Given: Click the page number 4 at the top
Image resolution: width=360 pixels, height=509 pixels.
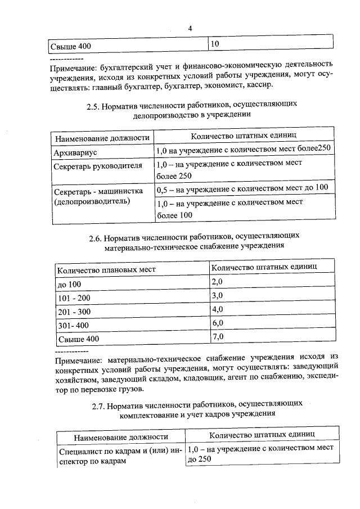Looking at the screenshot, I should [190, 29].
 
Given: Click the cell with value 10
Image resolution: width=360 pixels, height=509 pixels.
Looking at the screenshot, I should [215, 44].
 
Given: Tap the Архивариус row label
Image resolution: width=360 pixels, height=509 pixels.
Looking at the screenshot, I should [74, 152].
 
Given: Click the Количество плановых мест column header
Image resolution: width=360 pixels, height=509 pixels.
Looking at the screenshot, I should [106, 269].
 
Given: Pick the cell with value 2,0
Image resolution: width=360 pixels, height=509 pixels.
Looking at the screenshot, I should [217, 282].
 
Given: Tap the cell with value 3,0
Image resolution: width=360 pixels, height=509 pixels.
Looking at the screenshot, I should [217, 296].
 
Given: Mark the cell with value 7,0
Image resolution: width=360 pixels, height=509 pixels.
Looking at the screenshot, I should [217, 337].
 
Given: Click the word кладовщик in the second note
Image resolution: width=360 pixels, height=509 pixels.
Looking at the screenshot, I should [215, 378].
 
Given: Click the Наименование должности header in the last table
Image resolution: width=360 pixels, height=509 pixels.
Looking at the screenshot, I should [121, 436].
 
